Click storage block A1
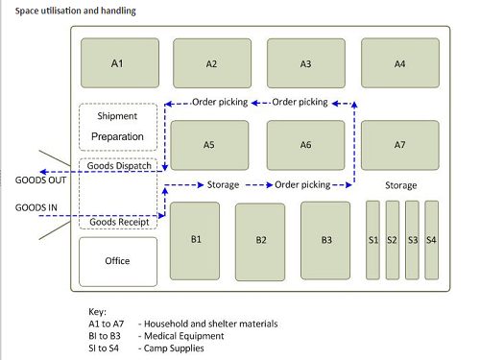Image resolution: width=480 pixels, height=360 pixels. (116, 63)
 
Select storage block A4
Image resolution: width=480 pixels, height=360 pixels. (399, 63)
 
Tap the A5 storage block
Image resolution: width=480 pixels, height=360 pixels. (210, 144)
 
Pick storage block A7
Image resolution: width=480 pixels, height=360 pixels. (399, 144)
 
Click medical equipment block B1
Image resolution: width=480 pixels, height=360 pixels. (195, 240)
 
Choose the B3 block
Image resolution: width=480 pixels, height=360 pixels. (326, 240)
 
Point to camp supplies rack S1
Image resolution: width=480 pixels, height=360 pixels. (373, 240)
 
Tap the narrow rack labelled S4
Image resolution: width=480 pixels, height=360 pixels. (431, 240)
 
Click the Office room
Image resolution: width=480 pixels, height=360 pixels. (117, 261)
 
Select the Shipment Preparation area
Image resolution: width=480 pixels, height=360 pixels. (117, 127)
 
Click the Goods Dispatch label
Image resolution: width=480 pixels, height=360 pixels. (117, 165)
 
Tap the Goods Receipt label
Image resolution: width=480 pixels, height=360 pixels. (117, 223)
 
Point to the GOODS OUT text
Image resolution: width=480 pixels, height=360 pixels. (38, 180)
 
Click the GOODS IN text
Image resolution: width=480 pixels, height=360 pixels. (36, 206)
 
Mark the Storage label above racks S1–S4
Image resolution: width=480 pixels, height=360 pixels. (400, 184)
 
